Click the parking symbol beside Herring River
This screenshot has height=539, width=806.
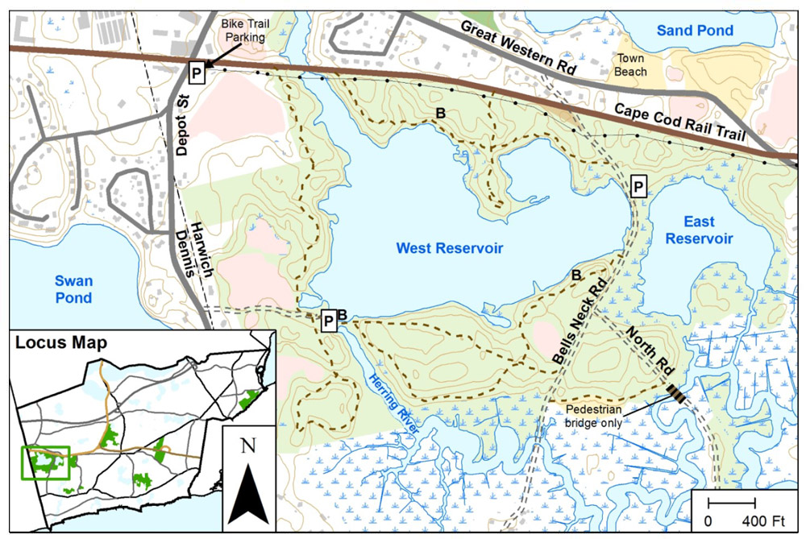pyautogui.click(x=328, y=321)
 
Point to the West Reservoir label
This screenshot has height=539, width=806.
pyautogui.click(x=449, y=249)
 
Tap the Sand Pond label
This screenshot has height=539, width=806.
pyautogui.click(x=694, y=31)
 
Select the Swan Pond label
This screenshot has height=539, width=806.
pyautogui.click(x=73, y=289)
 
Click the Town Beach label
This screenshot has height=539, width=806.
pyautogui.click(x=631, y=64)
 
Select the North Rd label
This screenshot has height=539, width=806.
pyautogui.click(x=650, y=349)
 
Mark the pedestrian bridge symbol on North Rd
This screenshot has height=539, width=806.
pyautogui.click(x=678, y=394)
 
